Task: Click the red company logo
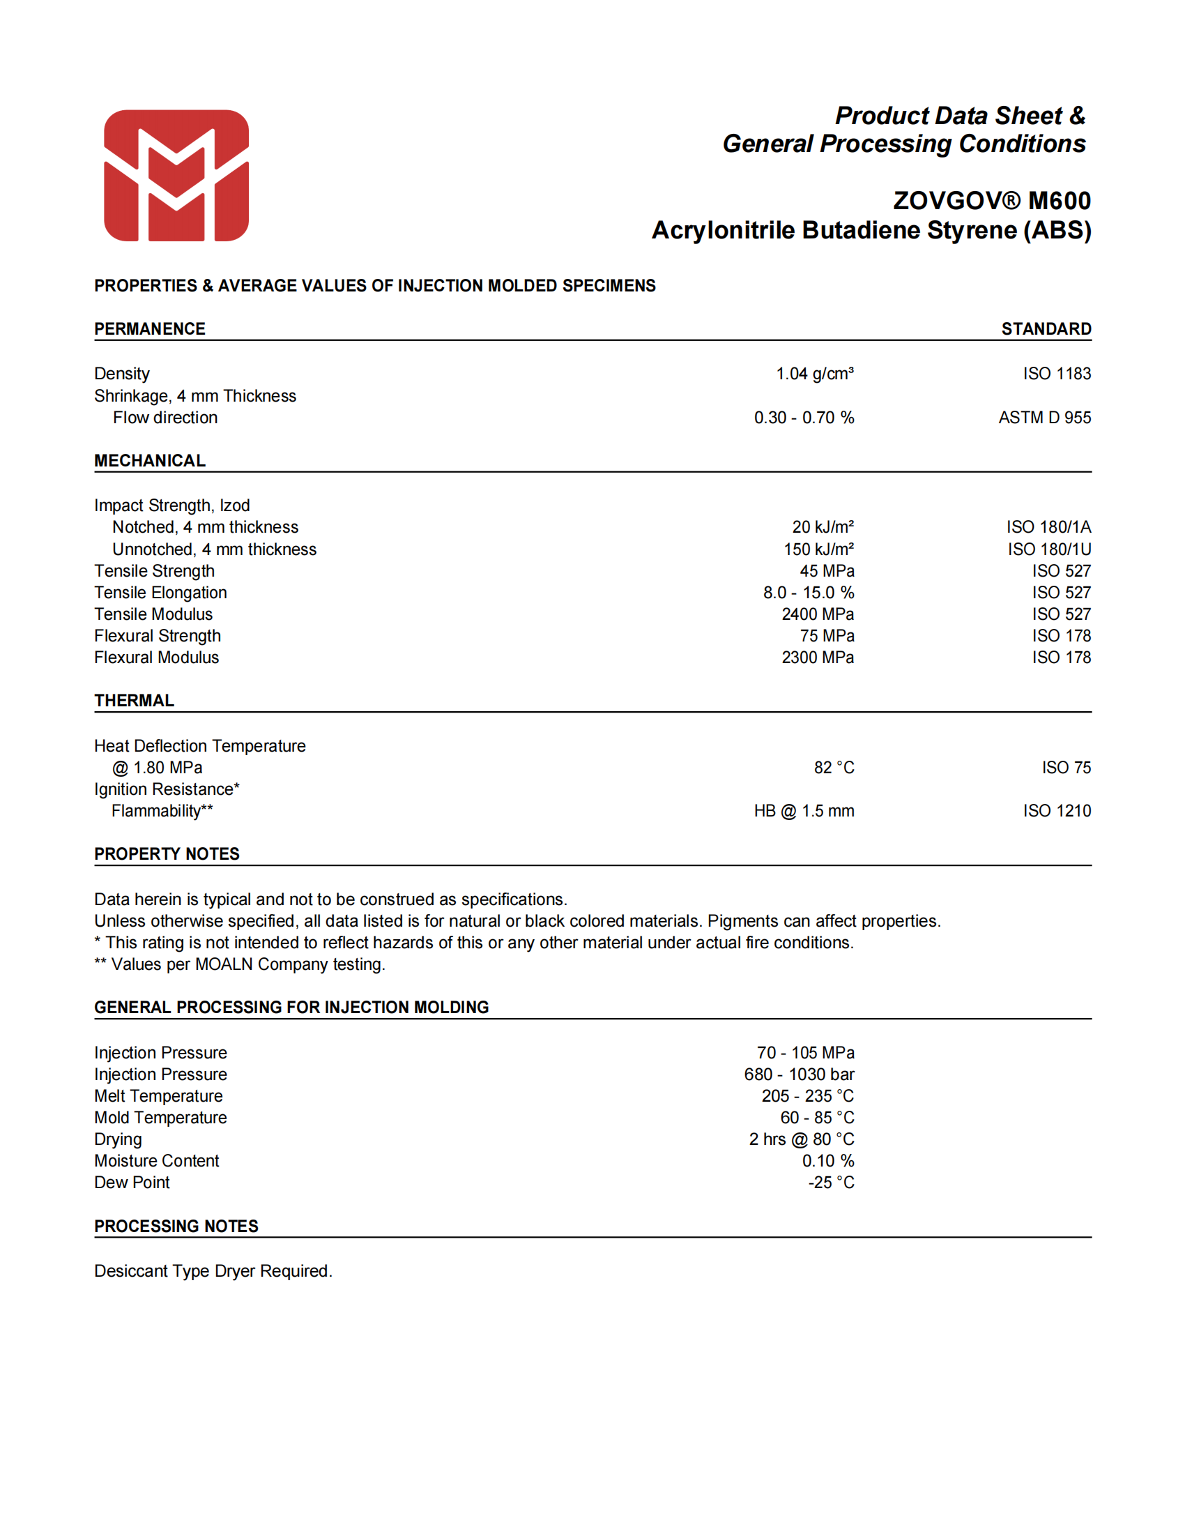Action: point(176,176)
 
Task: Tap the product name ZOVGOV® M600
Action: point(991,201)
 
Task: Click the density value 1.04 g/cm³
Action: point(814,374)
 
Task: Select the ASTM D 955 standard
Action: point(1044,418)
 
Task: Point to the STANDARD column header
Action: point(1046,328)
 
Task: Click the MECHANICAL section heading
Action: point(150,461)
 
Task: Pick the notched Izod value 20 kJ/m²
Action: point(823,528)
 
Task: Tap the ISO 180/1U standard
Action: point(1049,549)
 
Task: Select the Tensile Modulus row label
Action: point(153,614)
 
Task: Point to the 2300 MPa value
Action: point(817,658)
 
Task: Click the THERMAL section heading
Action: point(134,701)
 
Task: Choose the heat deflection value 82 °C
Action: point(833,768)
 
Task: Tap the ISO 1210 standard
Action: point(1057,811)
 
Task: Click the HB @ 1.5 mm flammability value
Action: point(804,811)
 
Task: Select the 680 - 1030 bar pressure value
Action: point(799,1074)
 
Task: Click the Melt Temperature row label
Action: point(158,1096)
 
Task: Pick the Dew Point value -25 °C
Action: point(830,1183)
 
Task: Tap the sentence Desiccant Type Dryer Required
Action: point(213,1271)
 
